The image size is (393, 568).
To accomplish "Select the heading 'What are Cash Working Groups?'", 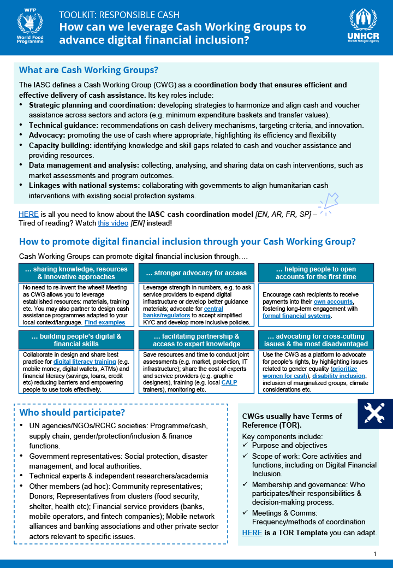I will (x=88, y=70).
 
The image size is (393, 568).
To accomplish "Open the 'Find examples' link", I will (x=105, y=322).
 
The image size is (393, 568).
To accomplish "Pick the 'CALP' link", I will (x=229, y=383).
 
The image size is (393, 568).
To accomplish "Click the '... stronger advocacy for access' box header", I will (x=196, y=273).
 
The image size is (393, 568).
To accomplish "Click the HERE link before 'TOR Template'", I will (x=252, y=532).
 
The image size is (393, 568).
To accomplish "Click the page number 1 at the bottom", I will (x=376, y=554).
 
